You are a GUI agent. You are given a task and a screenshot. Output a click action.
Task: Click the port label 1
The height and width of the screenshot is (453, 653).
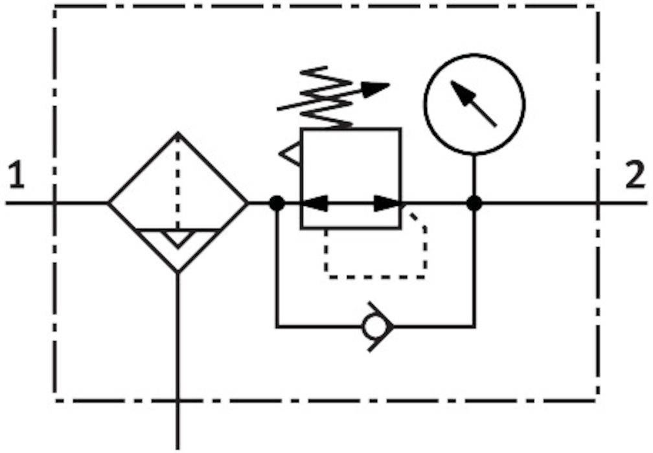pyautogui.click(x=16, y=175)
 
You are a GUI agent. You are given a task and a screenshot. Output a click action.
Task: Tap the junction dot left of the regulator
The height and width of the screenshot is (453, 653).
pyautogui.click(x=277, y=203)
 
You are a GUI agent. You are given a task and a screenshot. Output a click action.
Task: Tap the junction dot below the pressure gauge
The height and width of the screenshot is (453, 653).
pyautogui.click(x=474, y=203)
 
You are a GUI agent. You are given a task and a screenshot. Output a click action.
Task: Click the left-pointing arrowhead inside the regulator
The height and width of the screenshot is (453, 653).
pyautogui.click(x=315, y=203)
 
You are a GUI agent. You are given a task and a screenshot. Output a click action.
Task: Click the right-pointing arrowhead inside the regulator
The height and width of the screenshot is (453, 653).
pyautogui.click(x=387, y=203)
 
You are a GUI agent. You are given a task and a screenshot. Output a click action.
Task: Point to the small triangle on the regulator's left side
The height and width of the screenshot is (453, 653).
pyautogui.click(x=291, y=155)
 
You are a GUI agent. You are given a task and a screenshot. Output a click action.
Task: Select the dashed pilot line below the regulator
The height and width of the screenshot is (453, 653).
pyautogui.click(x=376, y=277)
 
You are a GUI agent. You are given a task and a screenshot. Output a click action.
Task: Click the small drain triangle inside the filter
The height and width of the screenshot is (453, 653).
pyautogui.click(x=178, y=237)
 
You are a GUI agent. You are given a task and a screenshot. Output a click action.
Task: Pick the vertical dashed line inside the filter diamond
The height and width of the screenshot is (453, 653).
pyautogui.click(x=178, y=181)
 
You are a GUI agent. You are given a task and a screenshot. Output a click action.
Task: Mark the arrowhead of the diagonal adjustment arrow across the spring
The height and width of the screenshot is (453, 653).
pyautogui.click(x=376, y=88)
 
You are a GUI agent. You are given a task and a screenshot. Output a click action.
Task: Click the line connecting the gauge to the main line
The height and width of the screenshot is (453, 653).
pyautogui.click(x=474, y=175)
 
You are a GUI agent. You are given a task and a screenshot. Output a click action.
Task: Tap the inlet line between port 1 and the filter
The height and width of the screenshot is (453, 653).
pyautogui.click(x=78, y=203)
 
